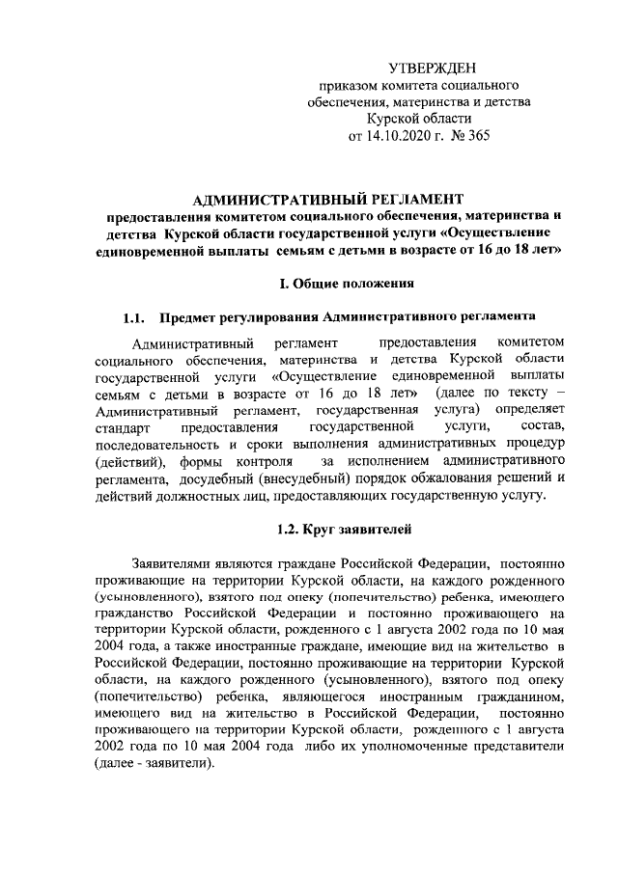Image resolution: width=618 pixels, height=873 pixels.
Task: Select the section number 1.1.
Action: pos(134,317)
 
